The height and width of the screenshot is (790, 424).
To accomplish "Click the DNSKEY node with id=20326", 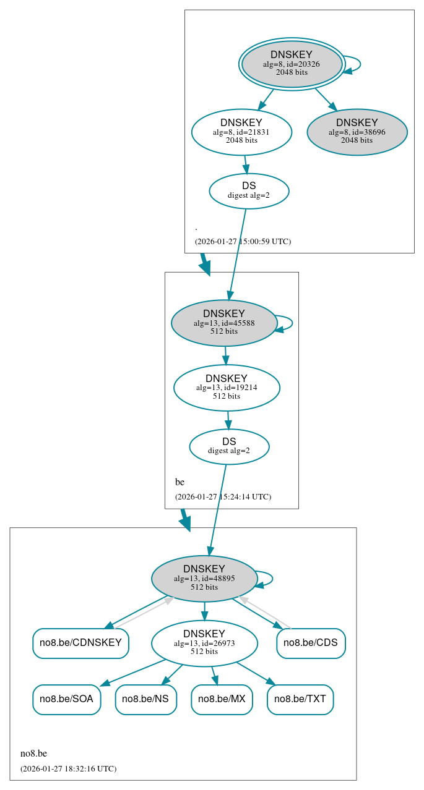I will (x=292, y=64).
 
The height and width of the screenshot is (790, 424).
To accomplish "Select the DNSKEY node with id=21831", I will (x=241, y=132).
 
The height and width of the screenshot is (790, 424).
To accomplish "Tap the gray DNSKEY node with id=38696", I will (x=357, y=132).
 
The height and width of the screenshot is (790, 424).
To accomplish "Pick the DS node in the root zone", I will (x=249, y=190).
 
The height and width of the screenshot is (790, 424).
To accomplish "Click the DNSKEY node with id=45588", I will (x=223, y=323).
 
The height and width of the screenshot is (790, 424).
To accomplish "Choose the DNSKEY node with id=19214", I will (x=227, y=388).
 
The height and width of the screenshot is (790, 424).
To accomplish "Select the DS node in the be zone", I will (x=229, y=446).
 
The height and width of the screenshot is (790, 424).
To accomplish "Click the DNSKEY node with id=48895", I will (x=204, y=578).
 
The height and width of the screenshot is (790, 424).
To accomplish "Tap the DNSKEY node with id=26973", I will (x=204, y=643).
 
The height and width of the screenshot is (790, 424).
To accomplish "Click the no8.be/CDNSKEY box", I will (x=80, y=643).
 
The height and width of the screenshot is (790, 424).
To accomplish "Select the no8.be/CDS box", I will (x=311, y=643).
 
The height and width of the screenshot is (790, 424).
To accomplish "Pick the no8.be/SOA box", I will (x=66, y=699).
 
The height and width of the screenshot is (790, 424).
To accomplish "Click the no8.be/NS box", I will (x=145, y=699).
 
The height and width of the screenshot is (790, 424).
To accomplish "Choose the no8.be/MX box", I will (x=222, y=699).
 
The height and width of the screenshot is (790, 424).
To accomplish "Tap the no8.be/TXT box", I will (x=300, y=699).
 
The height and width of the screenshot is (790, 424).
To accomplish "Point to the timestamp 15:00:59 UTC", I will (x=243, y=242).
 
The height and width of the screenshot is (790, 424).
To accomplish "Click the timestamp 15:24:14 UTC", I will (x=223, y=497).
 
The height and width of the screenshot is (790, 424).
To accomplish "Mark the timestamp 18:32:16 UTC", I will (x=68, y=769).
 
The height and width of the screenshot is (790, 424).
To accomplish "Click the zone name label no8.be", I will (x=33, y=754).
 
